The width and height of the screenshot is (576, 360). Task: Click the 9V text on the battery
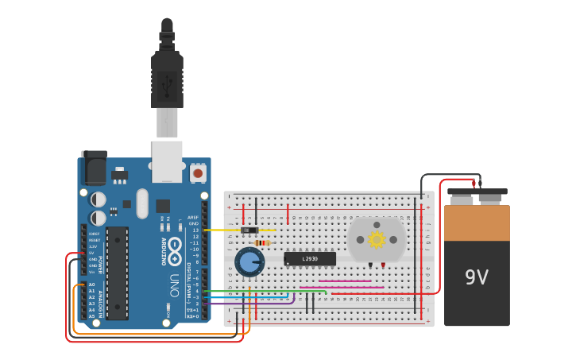[x=477, y=277]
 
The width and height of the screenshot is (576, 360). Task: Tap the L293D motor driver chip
[x=310, y=259]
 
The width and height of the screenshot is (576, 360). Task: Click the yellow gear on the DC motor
[x=377, y=238]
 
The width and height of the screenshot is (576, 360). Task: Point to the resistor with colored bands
[x=261, y=243]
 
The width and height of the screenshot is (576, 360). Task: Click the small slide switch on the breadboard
[x=249, y=230]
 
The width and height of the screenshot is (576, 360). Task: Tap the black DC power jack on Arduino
[x=94, y=168]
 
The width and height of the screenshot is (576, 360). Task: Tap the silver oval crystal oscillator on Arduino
[x=142, y=203]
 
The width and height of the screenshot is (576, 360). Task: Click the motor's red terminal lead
[x=383, y=265]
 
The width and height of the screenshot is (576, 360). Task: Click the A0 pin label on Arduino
[x=91, y=285]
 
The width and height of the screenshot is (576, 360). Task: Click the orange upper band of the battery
[x=477, y=223]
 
